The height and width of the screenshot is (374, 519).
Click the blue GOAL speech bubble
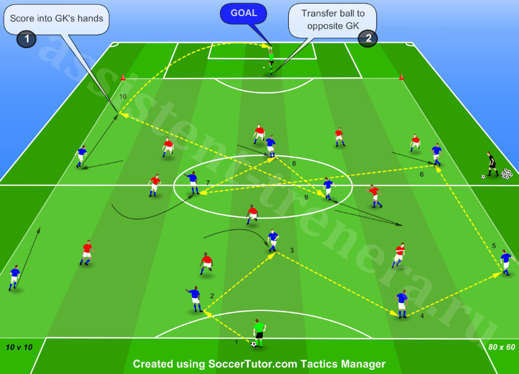[x=243, y=14]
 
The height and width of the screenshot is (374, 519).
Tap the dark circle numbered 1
[x=27, y=39]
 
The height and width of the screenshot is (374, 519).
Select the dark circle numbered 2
[x=367, y=38]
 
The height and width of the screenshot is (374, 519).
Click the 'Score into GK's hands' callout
[x=56, y=19]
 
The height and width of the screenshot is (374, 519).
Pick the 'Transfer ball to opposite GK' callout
[x=332, y=20]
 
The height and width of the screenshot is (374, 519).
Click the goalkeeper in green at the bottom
[x=259, y=333]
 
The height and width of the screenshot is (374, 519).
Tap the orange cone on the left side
[x=123, y=77]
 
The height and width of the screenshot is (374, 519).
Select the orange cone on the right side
[x=401, y=77]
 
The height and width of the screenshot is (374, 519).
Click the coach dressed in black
[x=492, y=164]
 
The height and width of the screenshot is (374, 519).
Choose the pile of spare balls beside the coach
[x=507, y=174]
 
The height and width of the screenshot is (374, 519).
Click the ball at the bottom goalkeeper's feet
[x=254, y=344]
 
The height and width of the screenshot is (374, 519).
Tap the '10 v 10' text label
[x=19, y=347]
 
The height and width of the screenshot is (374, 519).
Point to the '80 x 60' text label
[x=502, y=347]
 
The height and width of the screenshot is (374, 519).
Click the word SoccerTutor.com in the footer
[x=252, y=363]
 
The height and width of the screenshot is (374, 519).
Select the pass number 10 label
[x=123, y=96]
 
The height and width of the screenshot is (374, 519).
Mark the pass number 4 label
[x=422, y=316]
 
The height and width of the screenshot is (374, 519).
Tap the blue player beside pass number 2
[x=195, y=299]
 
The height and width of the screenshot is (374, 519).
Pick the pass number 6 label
[x=421, y=174]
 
